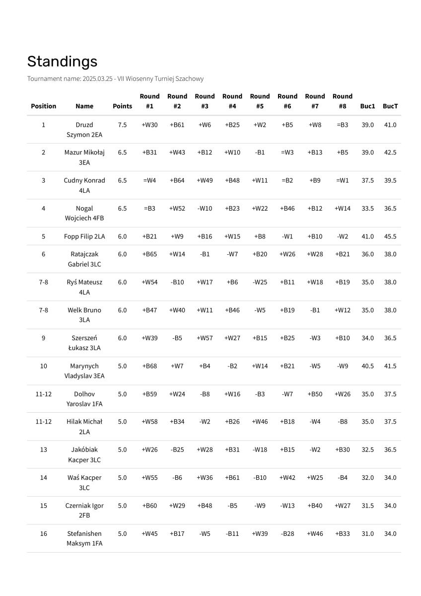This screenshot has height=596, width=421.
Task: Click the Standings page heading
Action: tap(62, 62)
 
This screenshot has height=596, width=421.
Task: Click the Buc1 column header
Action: tap(367, 106)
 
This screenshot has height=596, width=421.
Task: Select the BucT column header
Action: tap(390, 106)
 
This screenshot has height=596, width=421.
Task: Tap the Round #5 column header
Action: tap(260, 101)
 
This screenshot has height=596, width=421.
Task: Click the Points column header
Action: tap(122, 106)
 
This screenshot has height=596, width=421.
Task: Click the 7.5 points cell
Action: tap(122, 125)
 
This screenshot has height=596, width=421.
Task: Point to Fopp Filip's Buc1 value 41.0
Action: tap(367, 236)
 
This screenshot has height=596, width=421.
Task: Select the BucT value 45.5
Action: tap(390, 236)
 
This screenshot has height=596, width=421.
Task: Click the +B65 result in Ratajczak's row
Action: tap(149, 254)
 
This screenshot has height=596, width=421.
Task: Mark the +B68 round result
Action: tap(149, 366)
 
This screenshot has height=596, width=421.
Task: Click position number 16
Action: tap(44, 534)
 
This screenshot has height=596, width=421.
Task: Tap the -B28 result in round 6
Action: tap(287, 534)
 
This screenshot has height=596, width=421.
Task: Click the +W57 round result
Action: tap(205, 338)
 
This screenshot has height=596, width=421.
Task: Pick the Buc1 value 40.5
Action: tap(367, 366)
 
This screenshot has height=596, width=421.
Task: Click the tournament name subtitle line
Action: tap(115, 79)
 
